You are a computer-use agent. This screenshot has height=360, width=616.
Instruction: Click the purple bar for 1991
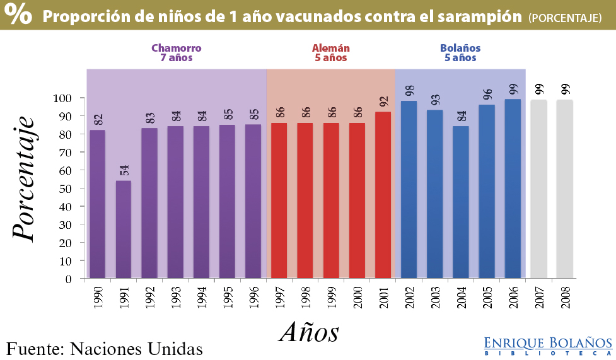tap(124, 229)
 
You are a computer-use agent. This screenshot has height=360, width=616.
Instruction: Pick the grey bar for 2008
tap(564, 189)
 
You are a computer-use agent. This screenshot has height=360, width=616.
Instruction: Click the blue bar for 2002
tap(409, 189)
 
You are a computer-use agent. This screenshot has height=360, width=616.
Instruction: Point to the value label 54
tap(124, 170)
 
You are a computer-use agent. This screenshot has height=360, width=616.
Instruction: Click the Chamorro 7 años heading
tap(176, 53)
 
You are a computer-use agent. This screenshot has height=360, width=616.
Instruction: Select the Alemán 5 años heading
tap(330, 53)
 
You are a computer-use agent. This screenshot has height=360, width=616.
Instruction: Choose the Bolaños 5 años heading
tap(460, 53)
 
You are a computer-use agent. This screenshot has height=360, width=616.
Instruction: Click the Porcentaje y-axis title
tap(23, 179)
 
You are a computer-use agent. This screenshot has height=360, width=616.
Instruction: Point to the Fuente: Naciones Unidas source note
tap(105, 348)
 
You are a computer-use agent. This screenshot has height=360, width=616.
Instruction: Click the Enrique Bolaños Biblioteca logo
tap(548, 345)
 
